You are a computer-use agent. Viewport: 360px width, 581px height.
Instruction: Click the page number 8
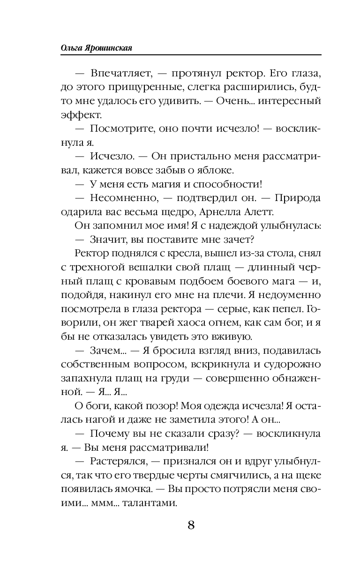tap(191, 524)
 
